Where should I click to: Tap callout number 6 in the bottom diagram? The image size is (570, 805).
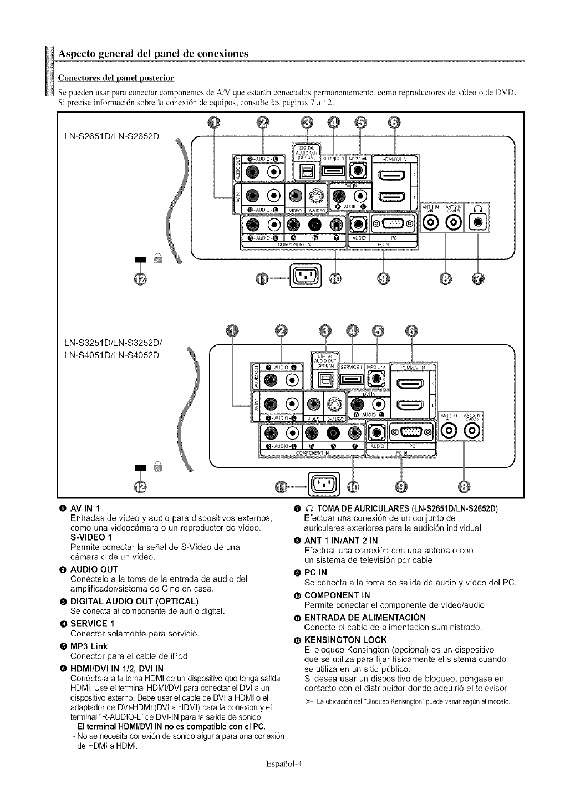tap(411, 331)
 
